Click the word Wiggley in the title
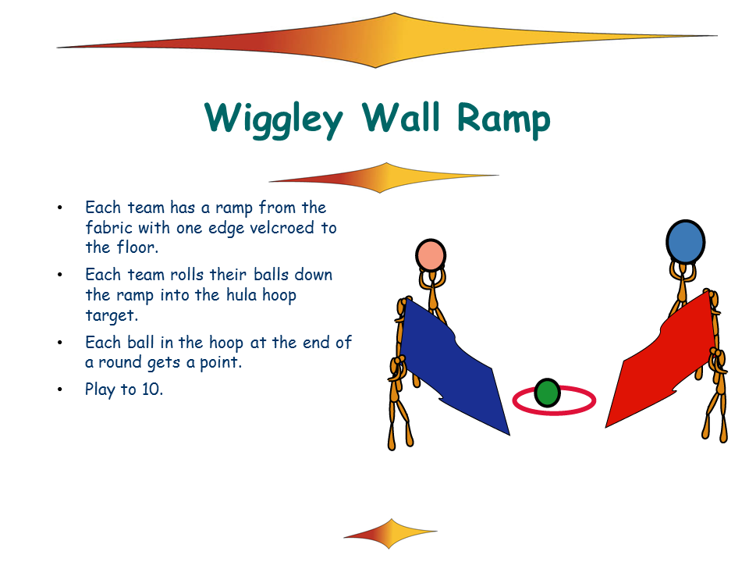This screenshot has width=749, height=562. [274, 119]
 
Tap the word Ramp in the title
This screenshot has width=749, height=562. [503, 119]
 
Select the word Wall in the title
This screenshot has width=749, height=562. [400, 116]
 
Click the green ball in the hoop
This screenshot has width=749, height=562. [547, 393]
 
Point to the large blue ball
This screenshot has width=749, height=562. [686, 242]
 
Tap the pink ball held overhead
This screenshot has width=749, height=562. [431, 255]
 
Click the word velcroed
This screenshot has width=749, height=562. [282, 228]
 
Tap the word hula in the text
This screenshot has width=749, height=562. [241, 295]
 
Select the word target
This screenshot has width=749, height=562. [110, 316]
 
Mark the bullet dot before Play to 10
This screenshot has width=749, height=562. [60, 389]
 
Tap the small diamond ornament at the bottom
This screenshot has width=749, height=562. [390, 533]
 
